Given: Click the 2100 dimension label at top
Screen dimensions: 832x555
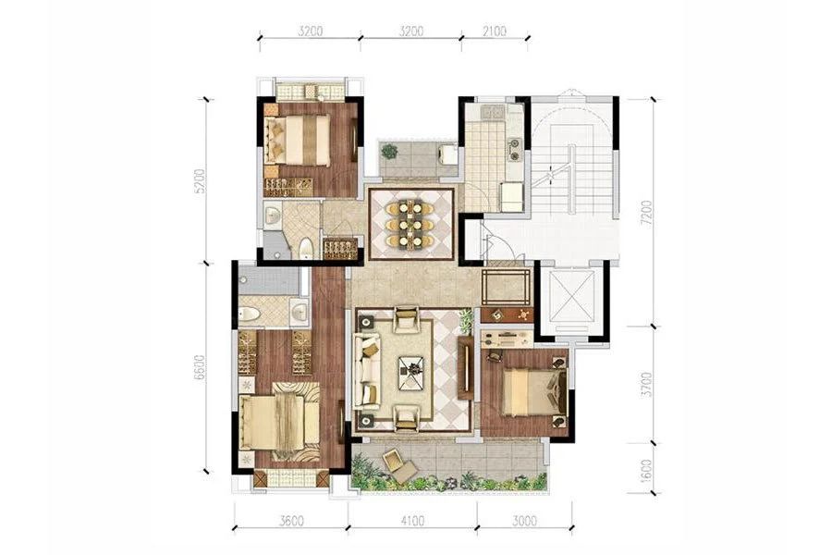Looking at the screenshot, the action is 494,31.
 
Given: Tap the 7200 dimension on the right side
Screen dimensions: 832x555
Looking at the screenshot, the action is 646,213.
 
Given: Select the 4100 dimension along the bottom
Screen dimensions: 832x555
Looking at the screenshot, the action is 412,521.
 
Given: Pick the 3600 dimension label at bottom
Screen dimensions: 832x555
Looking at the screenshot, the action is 291,521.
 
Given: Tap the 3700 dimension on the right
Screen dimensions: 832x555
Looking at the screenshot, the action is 646,385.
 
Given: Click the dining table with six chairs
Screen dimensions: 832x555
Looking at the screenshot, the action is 411,224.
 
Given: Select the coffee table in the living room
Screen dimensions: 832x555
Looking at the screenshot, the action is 411,368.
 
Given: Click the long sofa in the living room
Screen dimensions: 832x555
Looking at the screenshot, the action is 367,372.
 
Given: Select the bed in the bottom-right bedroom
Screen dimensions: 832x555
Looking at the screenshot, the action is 534,392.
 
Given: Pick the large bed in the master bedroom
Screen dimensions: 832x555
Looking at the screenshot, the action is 279,422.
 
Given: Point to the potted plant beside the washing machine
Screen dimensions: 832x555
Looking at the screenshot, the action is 389,152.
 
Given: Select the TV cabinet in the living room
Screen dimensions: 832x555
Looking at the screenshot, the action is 466,367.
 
